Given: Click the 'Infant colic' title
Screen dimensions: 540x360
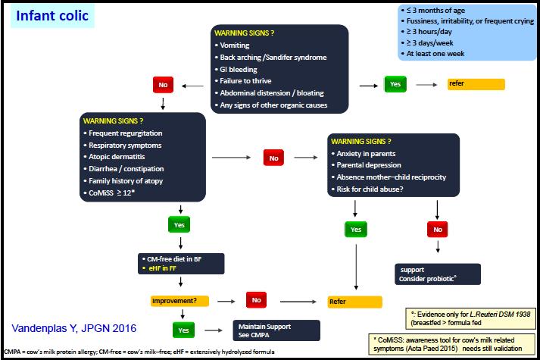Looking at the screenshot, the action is coord(52,15).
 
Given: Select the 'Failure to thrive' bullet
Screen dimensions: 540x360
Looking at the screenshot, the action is coord(243,81).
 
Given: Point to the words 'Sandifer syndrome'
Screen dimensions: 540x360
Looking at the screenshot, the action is coord(295,57).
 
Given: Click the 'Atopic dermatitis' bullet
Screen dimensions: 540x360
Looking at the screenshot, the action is coord(114,157).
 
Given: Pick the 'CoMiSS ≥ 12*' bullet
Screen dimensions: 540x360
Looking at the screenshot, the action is coord(109,193).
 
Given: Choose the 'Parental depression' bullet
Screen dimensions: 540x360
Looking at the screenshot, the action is coord(367,165).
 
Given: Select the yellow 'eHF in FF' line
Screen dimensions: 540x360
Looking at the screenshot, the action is coord(160,268).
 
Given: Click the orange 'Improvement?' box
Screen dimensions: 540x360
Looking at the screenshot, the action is coord(179,301).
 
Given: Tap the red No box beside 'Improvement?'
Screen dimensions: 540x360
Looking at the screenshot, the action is coord(256,300).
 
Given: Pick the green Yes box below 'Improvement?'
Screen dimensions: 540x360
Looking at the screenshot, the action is coord(183,330).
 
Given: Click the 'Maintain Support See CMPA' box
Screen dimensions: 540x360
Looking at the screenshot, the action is coord(276,330).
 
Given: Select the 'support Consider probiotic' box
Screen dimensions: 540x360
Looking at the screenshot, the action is coord(437,274).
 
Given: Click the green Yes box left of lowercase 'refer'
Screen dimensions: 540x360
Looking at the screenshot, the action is coord(395,84).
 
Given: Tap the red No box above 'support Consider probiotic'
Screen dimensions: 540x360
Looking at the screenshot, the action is coord(437,230).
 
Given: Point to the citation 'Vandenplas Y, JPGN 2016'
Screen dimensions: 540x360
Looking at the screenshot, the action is coord(74,328).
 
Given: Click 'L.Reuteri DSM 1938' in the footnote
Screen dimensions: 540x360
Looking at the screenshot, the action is coord(500,315).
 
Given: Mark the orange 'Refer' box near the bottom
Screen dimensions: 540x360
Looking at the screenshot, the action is coord(354,302).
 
